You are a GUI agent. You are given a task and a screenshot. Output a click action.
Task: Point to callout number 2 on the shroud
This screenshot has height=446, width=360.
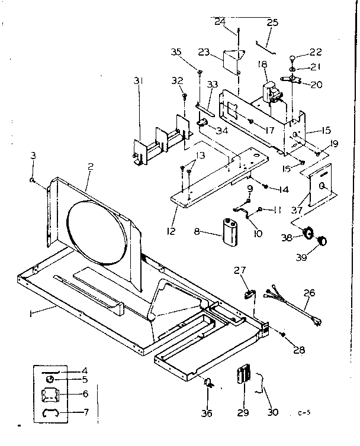pos(89,167)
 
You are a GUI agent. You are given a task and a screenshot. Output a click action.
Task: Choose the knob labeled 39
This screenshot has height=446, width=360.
pos(322,241)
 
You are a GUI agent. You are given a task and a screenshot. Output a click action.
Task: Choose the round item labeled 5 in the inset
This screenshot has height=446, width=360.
pos(50,380)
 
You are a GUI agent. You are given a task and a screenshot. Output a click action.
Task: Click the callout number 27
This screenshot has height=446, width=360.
pos(240,270)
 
